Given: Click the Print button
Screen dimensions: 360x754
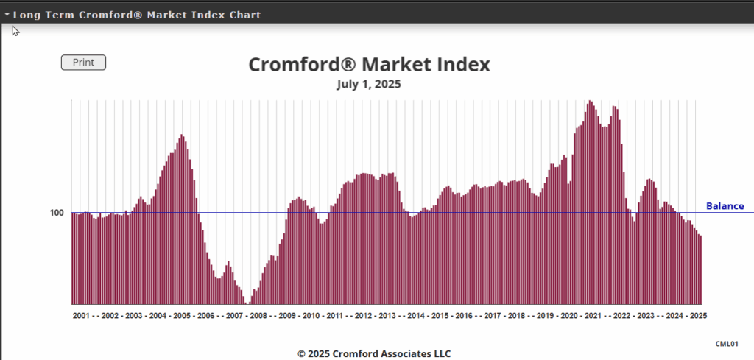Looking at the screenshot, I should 83,63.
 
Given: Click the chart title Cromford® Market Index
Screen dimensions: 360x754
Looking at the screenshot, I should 369,65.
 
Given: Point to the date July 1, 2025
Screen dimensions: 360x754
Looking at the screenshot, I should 369,84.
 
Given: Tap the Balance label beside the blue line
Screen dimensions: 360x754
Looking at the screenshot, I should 725,206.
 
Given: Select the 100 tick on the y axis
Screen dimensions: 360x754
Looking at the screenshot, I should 57,213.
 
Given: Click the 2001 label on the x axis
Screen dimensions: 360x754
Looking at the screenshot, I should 82,316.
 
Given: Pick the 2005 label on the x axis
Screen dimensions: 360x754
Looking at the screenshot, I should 181,316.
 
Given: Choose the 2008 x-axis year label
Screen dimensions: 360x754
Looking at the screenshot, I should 258,316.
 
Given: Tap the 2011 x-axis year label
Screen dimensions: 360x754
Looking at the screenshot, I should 334,316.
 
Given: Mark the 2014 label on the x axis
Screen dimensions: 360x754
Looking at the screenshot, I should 416,316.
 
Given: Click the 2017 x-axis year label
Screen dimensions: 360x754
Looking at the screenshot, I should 493,316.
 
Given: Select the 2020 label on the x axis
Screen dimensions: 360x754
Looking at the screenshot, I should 569,316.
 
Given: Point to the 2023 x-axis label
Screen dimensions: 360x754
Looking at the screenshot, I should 646,316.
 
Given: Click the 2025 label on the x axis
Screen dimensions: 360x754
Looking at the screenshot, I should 697,316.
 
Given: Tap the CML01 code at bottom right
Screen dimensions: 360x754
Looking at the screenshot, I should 727,344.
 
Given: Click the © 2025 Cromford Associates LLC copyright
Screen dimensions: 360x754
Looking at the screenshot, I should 374,353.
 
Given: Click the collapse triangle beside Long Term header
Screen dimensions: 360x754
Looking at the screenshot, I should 7,15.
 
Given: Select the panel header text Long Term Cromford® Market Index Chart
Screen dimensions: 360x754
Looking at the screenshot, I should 137,15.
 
